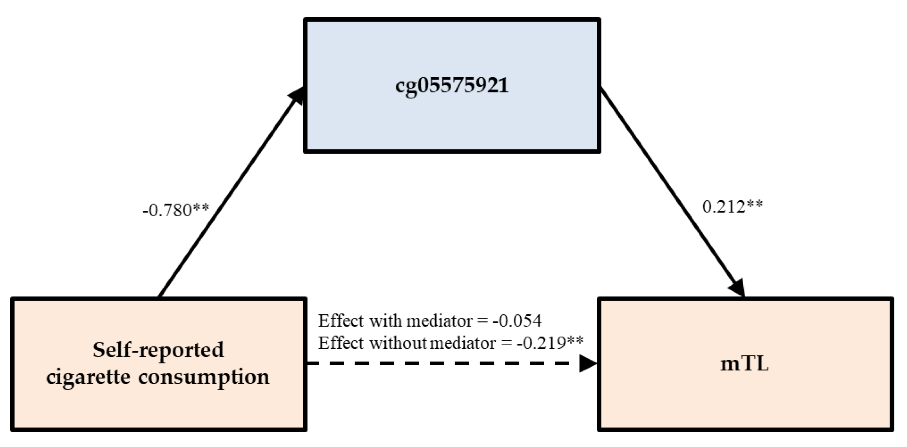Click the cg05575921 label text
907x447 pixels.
(452, 86)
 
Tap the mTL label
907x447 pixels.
(744, 364)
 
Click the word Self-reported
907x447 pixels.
(158, 350)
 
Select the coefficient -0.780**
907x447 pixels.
(176, 210)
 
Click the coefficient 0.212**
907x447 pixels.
(732, 207)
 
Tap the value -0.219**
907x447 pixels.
(550, 343)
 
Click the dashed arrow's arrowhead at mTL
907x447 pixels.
(588, 363)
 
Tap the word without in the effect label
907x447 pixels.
(397, 343)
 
